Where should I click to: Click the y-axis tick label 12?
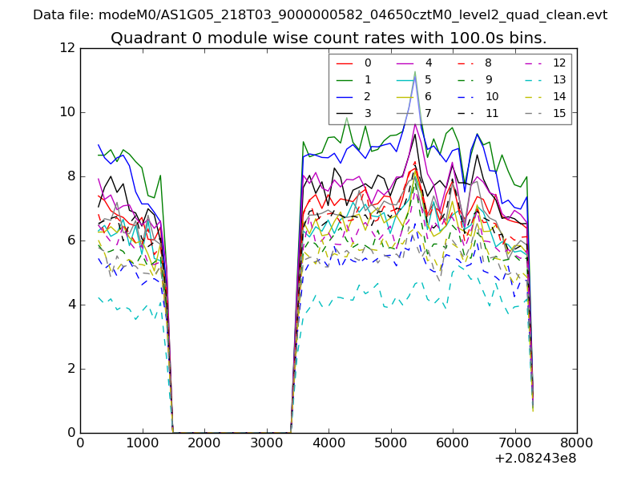coord(68,48)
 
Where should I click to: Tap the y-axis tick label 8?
coord(71,176)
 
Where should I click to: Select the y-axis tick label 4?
coord(71,305)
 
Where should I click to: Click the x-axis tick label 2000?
coord(204,442)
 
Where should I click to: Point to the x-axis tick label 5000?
coord(390,442)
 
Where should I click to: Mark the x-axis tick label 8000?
coord(577,442)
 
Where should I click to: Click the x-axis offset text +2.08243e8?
coord(536,459)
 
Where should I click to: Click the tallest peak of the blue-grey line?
coord(415,75)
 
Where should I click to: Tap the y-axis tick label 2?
coord(71,369)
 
